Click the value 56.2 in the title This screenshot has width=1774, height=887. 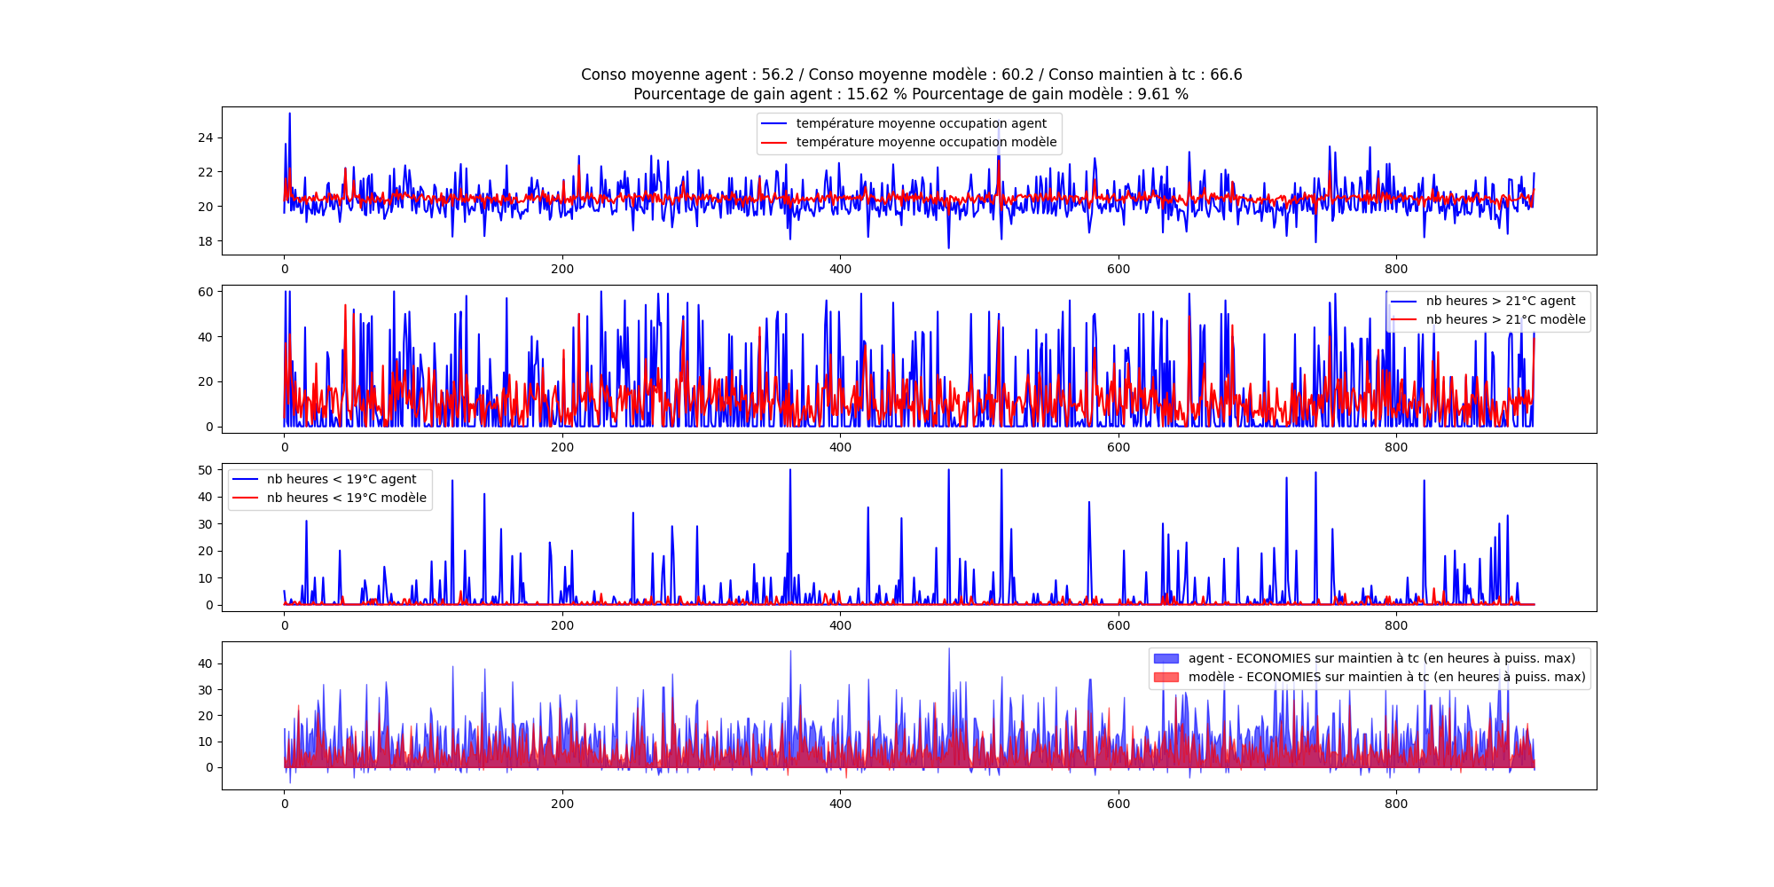point(777,75)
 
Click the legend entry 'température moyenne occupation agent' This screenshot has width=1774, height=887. point(921,123)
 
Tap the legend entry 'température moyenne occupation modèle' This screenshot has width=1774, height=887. point(926,142)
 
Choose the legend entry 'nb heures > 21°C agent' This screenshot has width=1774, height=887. point(1500,301)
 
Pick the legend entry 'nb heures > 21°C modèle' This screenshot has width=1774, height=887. point(1505,319)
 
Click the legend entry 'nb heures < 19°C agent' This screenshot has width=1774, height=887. point(341,479)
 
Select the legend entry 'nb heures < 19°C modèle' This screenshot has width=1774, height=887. point(346,498)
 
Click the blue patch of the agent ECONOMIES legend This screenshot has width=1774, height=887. point(1166,658)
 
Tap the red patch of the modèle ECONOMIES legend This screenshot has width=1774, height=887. point(1166,677)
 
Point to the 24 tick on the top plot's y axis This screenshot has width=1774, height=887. point(205,137)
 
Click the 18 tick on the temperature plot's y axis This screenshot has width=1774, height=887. point(205,241)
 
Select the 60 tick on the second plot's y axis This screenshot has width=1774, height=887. point(205,292)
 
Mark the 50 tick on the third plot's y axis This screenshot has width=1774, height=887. point(205,470)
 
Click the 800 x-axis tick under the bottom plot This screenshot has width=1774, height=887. point(1396,804)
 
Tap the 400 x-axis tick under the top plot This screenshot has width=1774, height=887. point(840,269)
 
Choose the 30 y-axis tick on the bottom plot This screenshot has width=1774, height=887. point(205,690)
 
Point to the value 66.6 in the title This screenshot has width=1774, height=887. point(1226,75)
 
